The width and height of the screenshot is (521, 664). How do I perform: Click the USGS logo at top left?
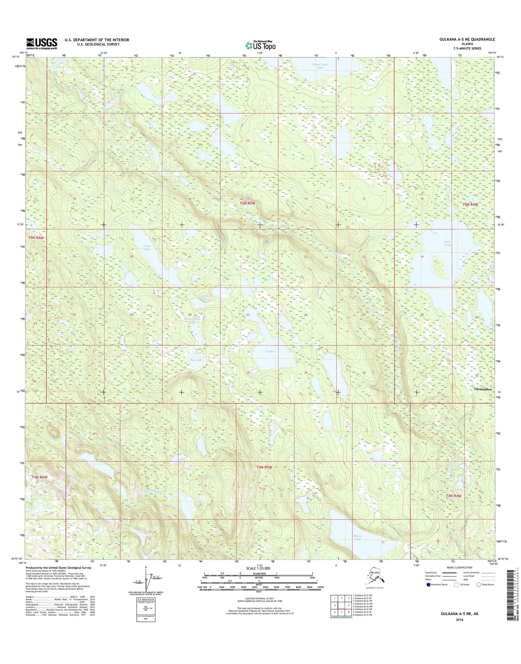coord(41,44)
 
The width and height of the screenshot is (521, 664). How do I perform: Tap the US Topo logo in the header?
coord(260,45)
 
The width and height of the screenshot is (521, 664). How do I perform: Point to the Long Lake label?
coord(146,247)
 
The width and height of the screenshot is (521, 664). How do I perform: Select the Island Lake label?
coord(448,243)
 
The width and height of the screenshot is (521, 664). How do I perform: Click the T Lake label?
coord(270,351)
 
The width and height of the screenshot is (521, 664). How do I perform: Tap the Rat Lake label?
coord(196,360)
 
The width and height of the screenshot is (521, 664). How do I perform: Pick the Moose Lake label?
coord(357,547)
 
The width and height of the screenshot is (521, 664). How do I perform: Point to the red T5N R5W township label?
coord(247,203)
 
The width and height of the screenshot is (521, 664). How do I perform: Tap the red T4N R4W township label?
coord(453,496)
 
